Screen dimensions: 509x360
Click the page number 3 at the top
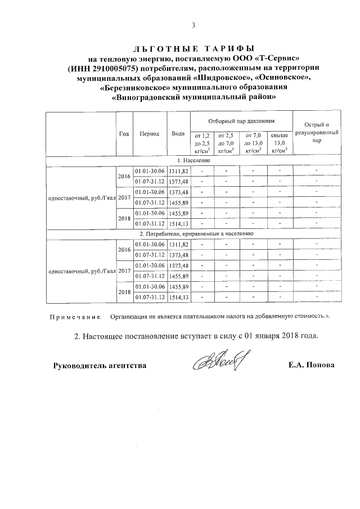[193, 25]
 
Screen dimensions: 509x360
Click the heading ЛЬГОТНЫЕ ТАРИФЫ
[194, 49]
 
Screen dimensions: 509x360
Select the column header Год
[124, 134]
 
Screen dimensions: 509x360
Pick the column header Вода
[178, 134]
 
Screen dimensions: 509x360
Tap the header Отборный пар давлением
[241, 121]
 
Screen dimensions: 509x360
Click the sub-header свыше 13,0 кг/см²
[279, 142]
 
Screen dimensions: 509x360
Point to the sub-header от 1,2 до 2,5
[202, 142]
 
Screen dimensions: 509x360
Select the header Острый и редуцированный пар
[317, 133]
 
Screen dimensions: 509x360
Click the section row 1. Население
[194, 161]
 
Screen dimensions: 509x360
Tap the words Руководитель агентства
[100, 365]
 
